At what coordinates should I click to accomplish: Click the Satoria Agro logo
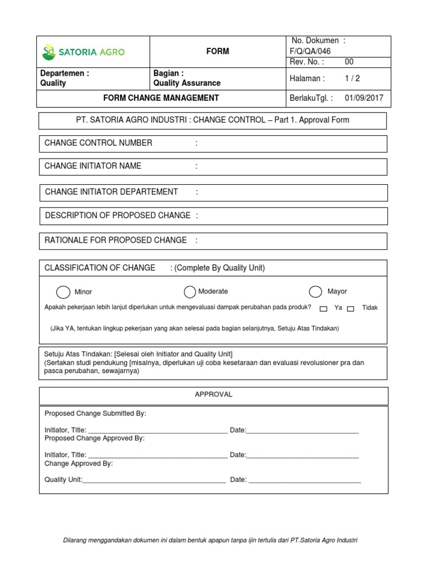[83, 52]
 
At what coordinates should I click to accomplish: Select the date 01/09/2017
[364, 98]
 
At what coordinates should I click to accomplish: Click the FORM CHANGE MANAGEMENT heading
[161, 98]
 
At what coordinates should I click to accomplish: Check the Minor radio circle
[63, 292]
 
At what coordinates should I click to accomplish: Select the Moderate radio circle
[190, 292]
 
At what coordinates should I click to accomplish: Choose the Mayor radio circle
[316, 292]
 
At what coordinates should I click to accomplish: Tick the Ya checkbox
[324, 308]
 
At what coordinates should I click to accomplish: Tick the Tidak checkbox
[351, 308]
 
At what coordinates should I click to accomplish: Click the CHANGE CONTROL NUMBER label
[98, 143]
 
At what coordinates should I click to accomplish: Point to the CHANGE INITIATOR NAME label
[93, 166]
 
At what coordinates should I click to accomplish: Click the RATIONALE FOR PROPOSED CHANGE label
[116, 240]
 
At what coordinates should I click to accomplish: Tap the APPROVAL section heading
[213, 394]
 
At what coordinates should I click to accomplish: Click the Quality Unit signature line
[154, 480]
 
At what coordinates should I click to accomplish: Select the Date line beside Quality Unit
[304, 480]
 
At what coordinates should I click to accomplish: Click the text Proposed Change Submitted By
[95, 414]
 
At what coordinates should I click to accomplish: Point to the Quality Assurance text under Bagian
[187, 83]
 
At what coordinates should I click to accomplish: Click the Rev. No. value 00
[349, 62]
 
